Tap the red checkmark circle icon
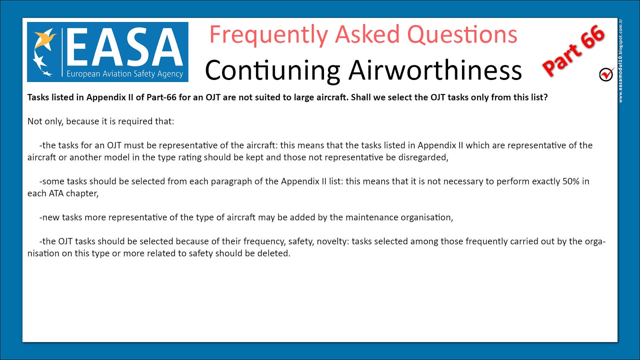(606, 74)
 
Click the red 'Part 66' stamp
(574, 51)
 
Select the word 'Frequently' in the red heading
(269, 35)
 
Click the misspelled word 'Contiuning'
(272, 70)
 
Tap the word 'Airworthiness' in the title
(435, 70)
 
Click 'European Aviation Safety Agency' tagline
(124, 74)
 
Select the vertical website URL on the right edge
(620, 60)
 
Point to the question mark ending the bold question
(546, 98)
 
